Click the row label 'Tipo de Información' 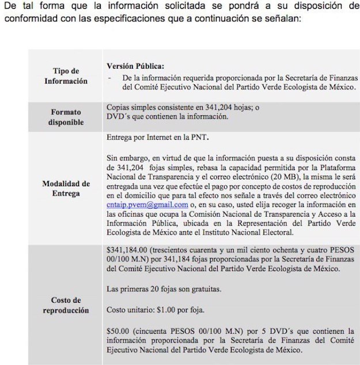pyautogui.click(x=66, y=76)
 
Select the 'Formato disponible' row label pyautogui.click(x=66, y=117)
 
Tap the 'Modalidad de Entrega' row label pyautogui.click(x=66, y=189)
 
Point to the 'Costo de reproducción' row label pyautogui.click(x=66, y=305)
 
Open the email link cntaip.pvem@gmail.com pyautogui.click(x=147, y=205)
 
